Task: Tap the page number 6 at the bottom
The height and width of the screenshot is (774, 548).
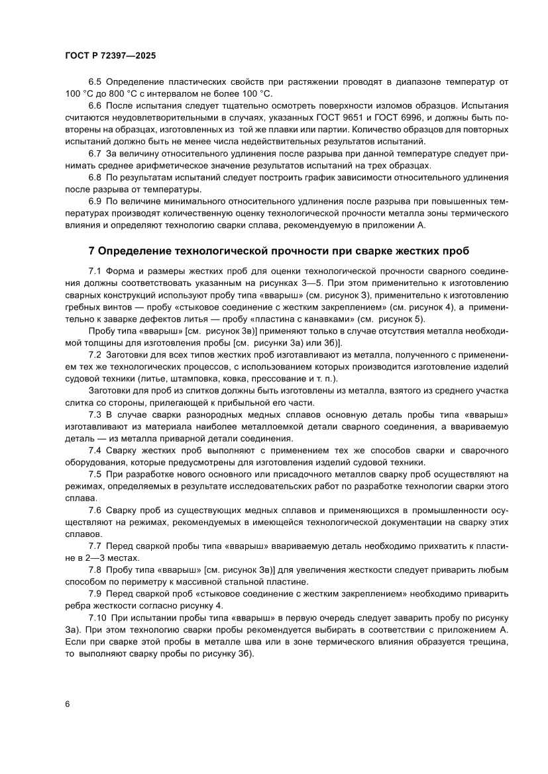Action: tap(68, 703)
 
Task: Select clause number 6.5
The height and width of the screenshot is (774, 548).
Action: tap(95, 82)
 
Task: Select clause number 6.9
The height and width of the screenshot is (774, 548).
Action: tap(95, 201)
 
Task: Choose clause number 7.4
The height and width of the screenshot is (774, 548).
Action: tap(95, 450)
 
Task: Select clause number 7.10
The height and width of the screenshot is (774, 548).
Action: tap(98, 617)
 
